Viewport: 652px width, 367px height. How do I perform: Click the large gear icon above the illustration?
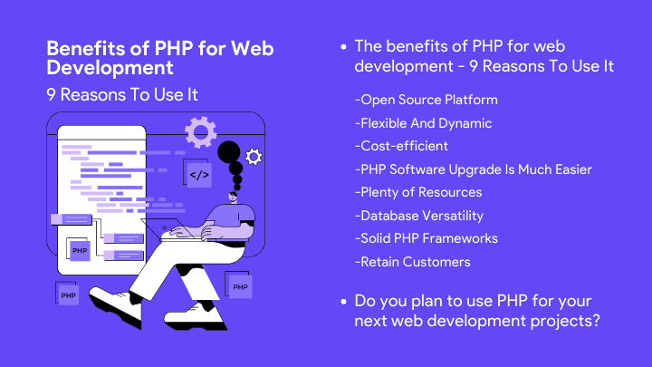click(200, 132)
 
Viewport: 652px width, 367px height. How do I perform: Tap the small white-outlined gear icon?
click(254, 158)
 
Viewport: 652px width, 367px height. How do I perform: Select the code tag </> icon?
click(199, 174)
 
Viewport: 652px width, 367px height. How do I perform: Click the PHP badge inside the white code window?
click(80, 250)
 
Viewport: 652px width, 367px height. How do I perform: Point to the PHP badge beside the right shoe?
click(240, 287)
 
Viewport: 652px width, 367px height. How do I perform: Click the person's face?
click(234, 198)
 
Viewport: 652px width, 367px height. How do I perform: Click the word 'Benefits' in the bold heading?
click(79, 47)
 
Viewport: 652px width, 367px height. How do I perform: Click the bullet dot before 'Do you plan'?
click(342, 300)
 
